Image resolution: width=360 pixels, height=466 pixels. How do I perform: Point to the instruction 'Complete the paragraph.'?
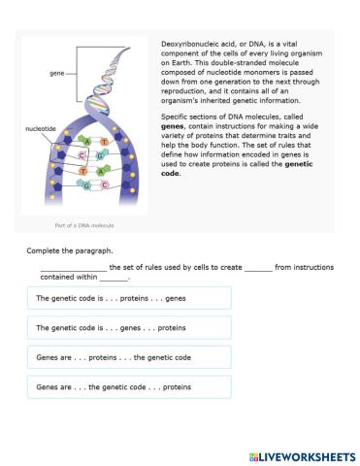[67, 250]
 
